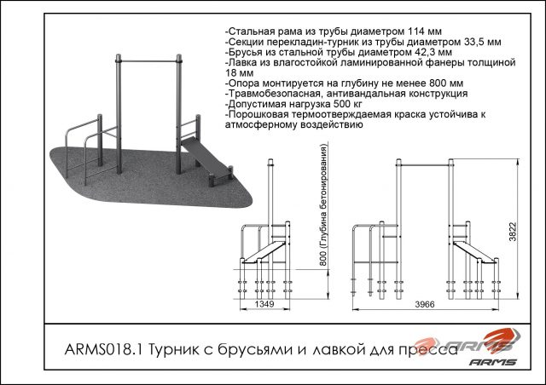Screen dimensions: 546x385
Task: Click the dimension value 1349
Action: tap(264, 304)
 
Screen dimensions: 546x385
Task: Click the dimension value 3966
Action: tap(425, 304)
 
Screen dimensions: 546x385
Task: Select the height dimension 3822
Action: tap(513, 232)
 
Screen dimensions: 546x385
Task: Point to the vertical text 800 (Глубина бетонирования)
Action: tap(323, 205)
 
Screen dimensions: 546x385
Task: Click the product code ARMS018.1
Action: tap(103, 349)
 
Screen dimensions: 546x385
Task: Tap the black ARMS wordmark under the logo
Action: tap(492, 362)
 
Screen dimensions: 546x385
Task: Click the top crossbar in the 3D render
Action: tap(148, 61)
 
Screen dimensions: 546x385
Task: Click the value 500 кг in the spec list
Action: tap(348, 104)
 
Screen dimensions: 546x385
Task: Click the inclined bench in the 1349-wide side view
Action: tap(264, 252)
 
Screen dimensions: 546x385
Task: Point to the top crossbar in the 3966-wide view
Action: tap(425, 164)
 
